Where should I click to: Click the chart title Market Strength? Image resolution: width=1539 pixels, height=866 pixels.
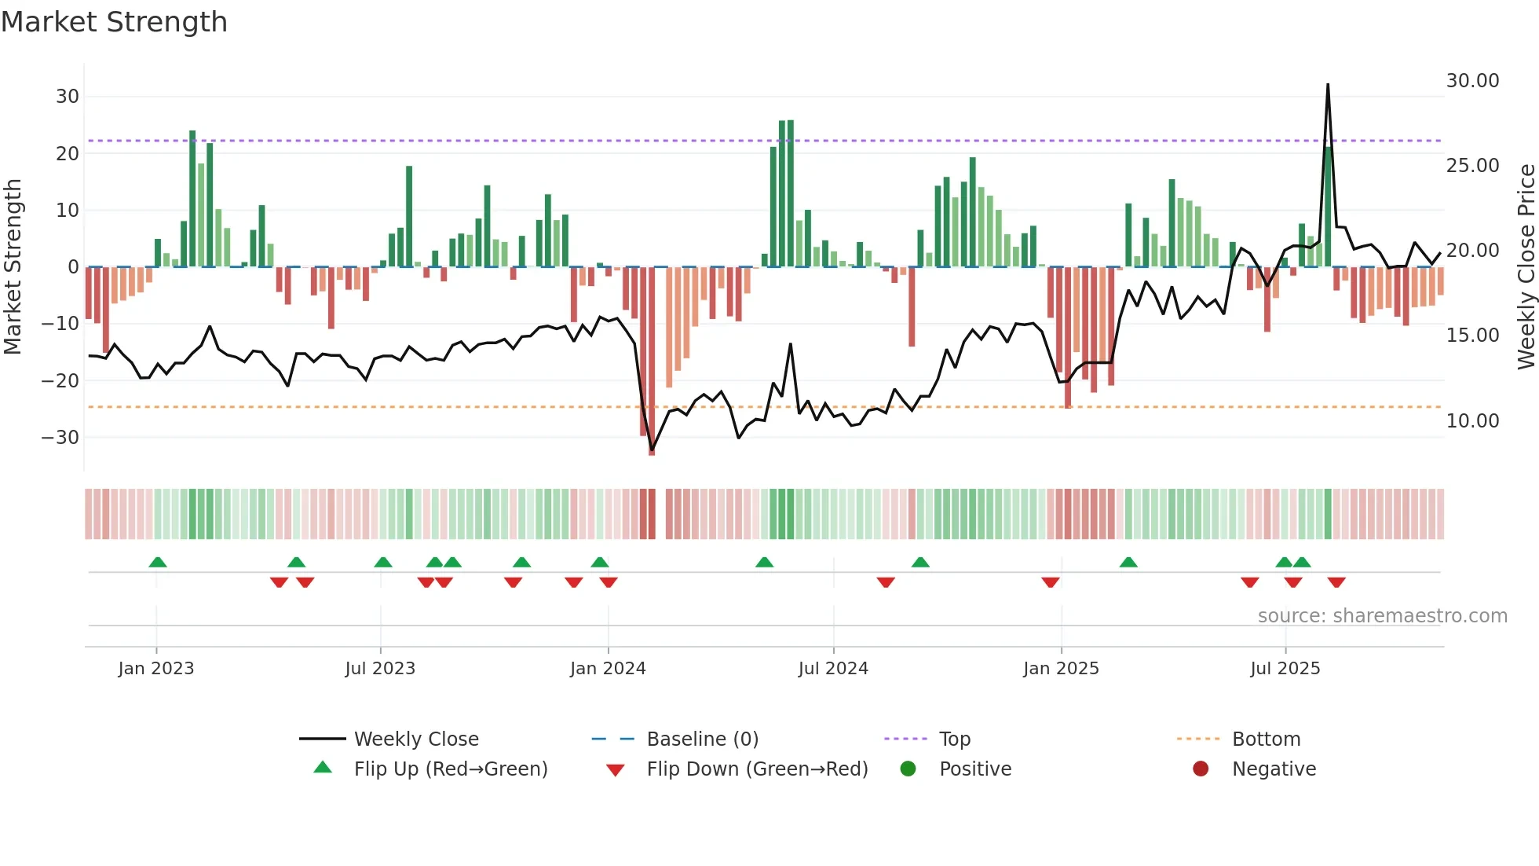[x=114, y=22]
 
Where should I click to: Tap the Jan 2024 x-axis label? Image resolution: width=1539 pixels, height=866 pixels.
[x=608, y=669]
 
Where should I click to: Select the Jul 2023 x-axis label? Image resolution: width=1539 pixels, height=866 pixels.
[x=380, y=669]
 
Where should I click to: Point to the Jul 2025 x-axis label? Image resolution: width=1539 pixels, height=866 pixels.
[x=1285, y=669]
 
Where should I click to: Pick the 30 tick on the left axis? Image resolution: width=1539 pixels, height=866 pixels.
[x=68, y=97]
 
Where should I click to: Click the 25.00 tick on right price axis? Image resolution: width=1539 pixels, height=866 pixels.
[x=1472, y=166]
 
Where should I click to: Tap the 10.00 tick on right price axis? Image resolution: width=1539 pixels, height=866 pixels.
[x=1472, y=421]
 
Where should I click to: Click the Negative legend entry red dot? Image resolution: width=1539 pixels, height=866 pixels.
[x=1201, y=769]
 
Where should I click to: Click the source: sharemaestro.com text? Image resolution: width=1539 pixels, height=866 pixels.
[x=1382, y=616]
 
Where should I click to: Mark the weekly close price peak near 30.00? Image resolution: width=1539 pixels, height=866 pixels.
[x=1328, y=85]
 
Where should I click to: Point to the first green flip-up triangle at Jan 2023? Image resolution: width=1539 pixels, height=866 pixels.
[x=158, y=562]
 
